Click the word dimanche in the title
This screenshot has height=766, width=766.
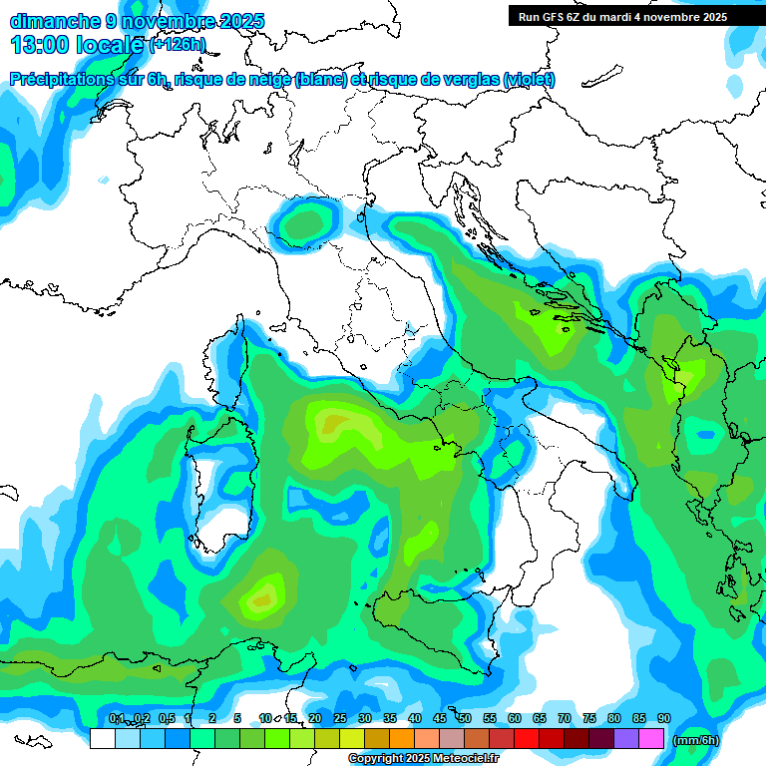(x=54, y=21)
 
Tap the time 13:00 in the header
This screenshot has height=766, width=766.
(x=40, y=44)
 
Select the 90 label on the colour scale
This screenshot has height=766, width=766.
(x=663, y=718)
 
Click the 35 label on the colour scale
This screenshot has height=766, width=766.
(x=390, y=718)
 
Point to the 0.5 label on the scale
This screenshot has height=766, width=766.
(x=166, y=718)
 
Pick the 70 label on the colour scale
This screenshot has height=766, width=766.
(x=565, y=718)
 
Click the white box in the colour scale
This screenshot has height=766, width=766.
(x=102, y=738)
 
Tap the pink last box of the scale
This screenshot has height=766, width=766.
(x=651, y=738)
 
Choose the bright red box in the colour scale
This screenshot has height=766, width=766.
(x=527, y=738)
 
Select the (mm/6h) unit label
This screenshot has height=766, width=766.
(x=696, y=740)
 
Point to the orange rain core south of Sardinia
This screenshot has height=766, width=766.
(x=262, y=598)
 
